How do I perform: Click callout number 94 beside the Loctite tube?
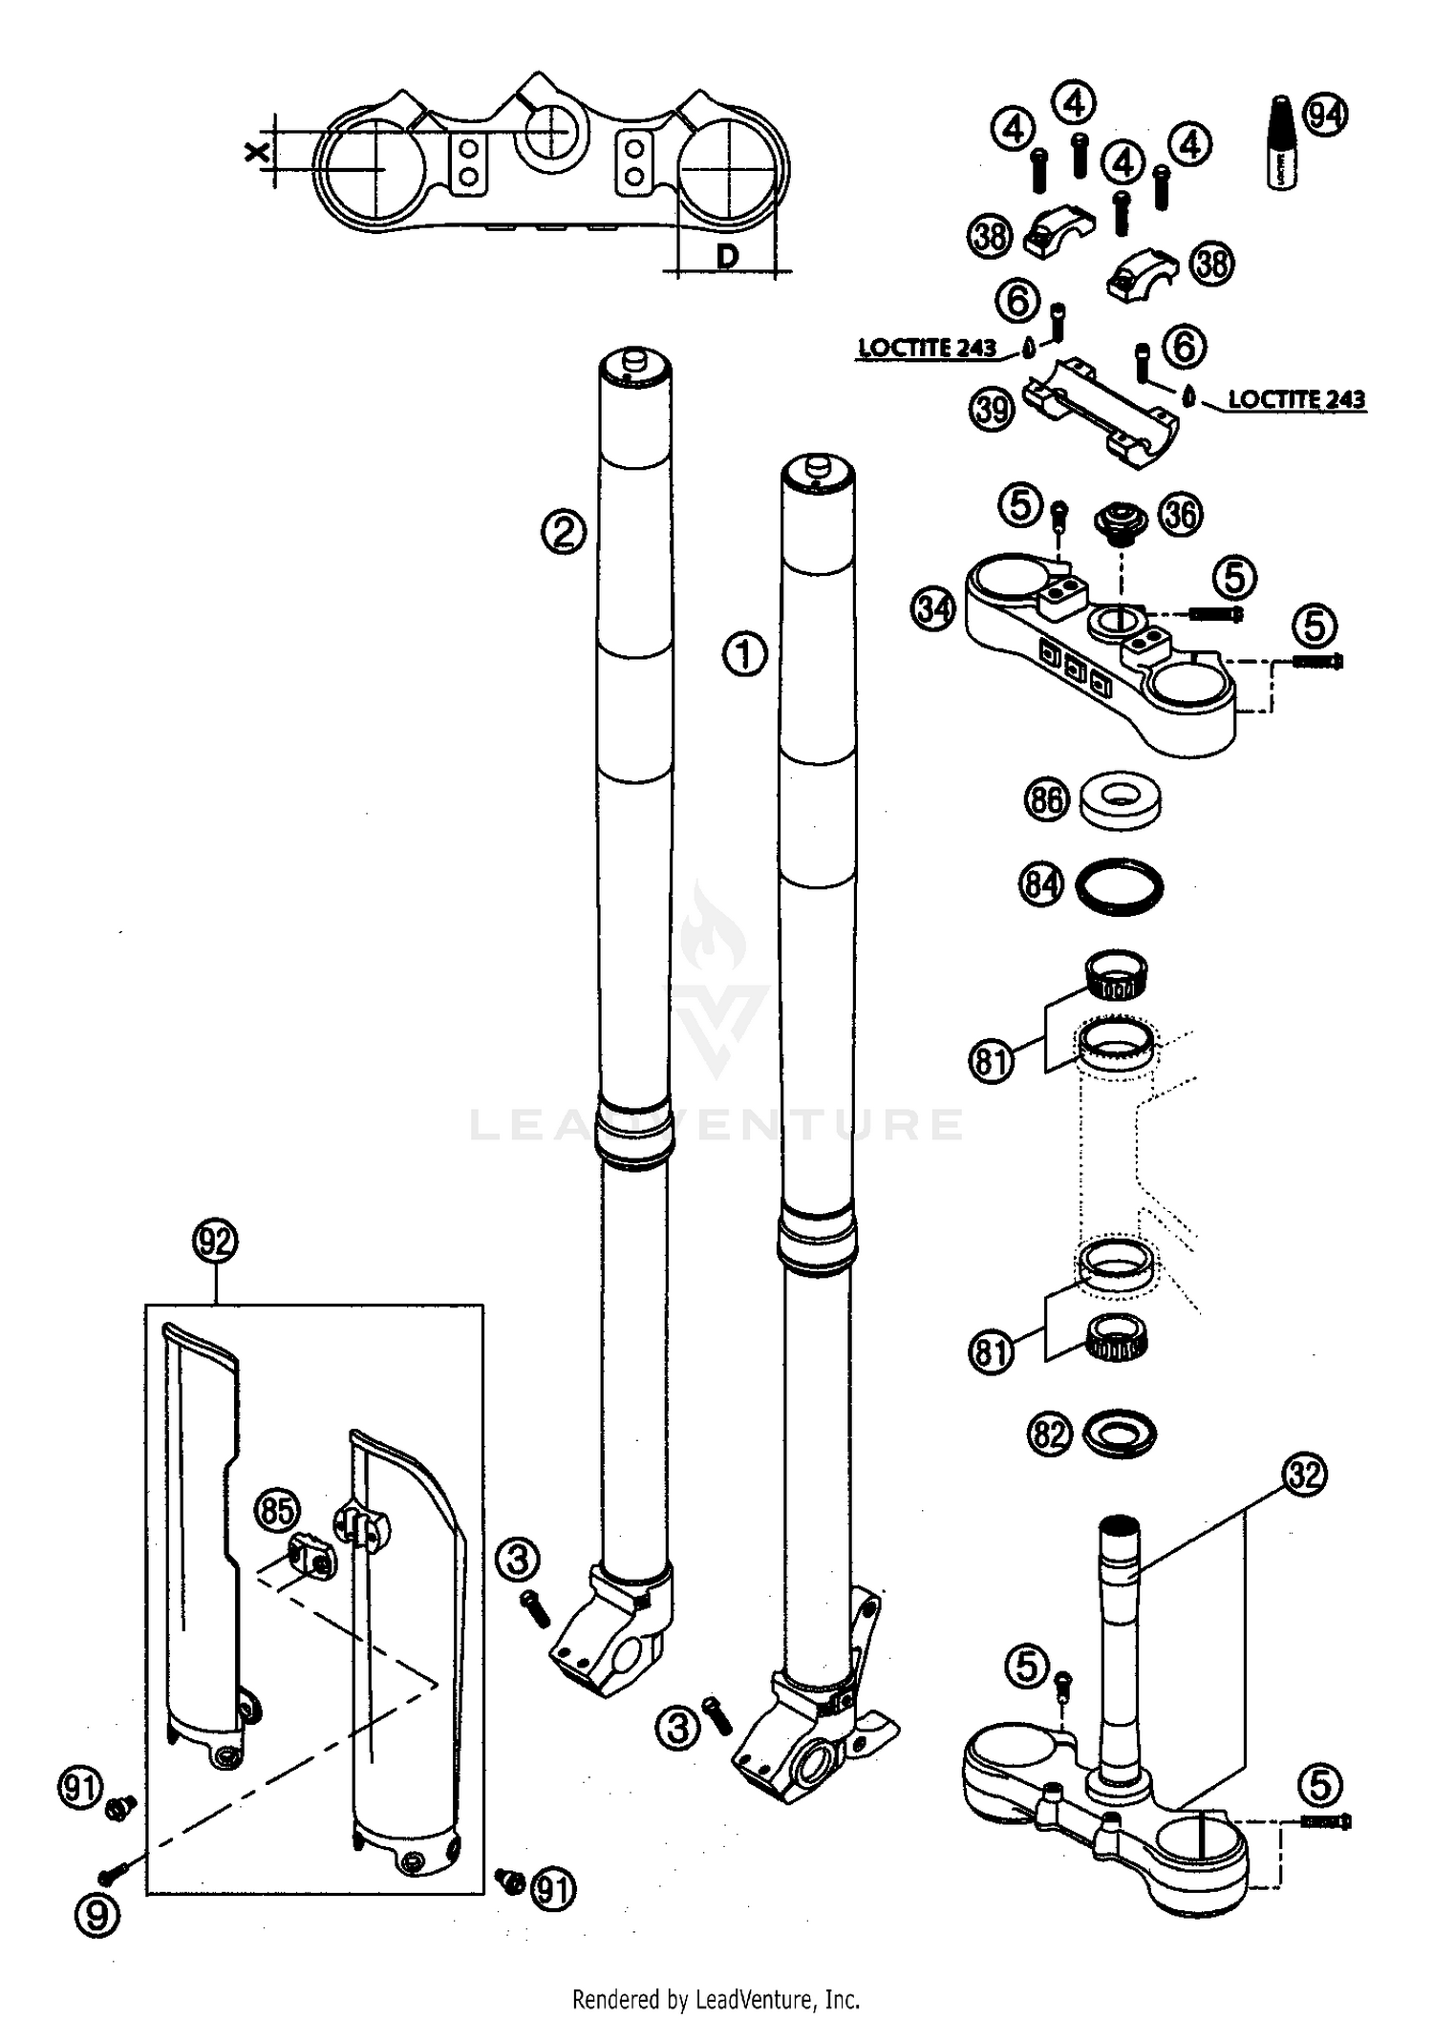[1326, 116]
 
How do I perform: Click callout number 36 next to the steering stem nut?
[1181, 515]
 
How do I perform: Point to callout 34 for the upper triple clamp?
[933, 608]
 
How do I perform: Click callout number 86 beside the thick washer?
[1047, 799]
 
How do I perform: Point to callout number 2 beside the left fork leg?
[564, 531]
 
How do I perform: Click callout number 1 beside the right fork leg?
[745, 655]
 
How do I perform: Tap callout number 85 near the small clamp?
[277, 1512]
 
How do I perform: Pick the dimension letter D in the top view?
[728, 256]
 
